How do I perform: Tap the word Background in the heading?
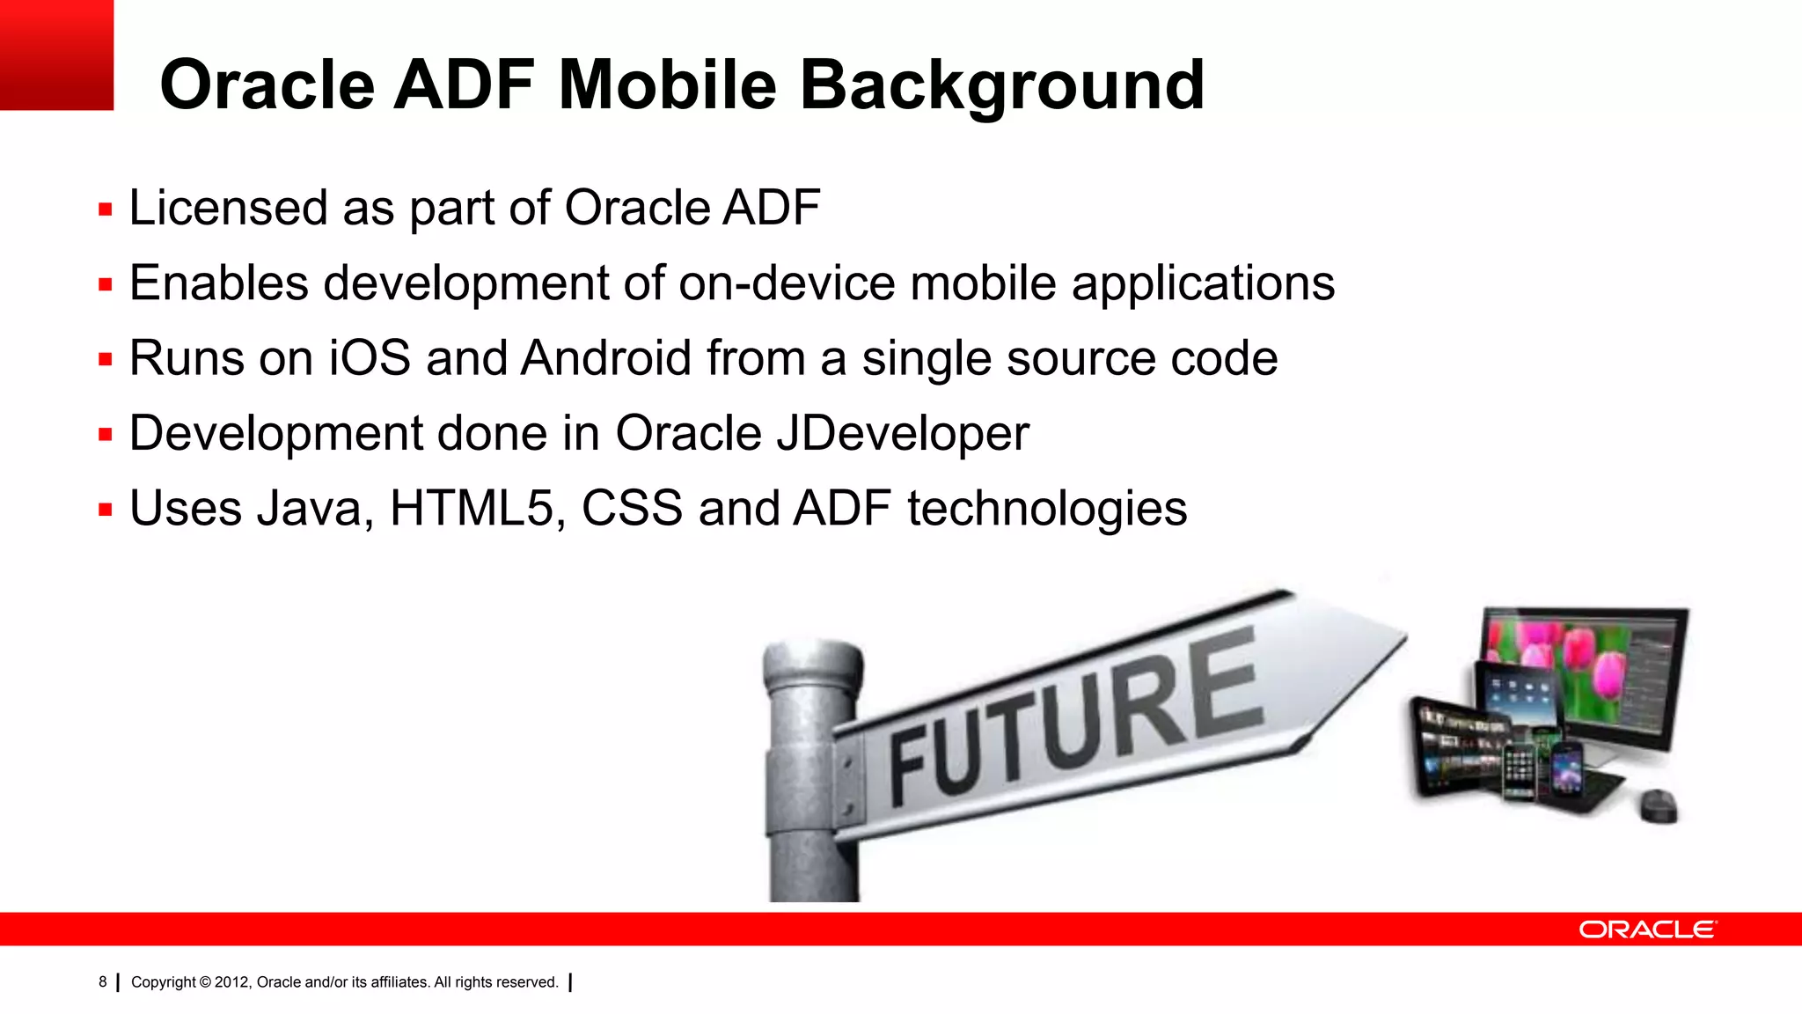[1001, 86]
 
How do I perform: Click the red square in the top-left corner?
[56, 55]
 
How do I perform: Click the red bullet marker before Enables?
[106, 285]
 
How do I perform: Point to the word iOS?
[370, 358]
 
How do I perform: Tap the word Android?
[605, 358]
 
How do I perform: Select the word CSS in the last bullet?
[632, 509]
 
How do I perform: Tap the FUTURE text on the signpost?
[1073, 717]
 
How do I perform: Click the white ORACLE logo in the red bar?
[1646, 929]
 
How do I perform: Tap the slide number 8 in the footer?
[102, 981]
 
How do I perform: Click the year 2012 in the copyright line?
[232, 982]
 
